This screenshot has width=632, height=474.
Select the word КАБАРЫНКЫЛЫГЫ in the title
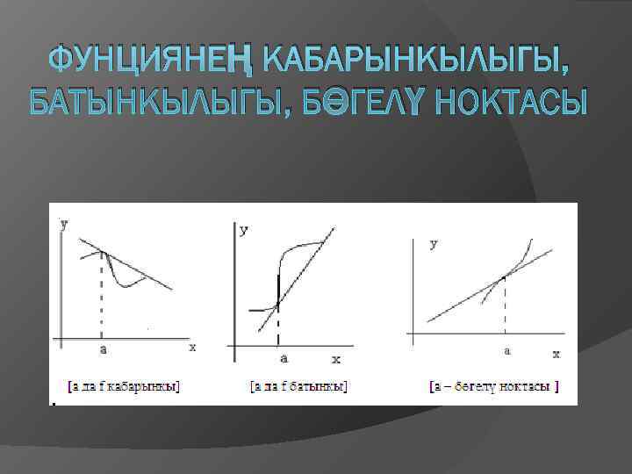pos(416,60)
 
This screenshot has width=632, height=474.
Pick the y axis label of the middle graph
pos(243,230)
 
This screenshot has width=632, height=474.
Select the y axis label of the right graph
pos(434,243)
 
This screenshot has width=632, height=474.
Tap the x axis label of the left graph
pos(192,348)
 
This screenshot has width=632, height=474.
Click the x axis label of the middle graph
pos(335,359)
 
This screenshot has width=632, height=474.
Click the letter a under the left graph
pos(103,349)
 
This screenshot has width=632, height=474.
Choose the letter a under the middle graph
pos(282,357)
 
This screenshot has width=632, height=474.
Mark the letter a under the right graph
pos(506,350)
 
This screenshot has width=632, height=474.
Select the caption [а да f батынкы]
pos(298,385)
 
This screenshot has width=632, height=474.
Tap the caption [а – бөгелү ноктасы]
pos(494,385)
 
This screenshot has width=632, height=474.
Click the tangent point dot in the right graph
pos(503,277)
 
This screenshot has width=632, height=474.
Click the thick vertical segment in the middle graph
pos(278,290)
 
